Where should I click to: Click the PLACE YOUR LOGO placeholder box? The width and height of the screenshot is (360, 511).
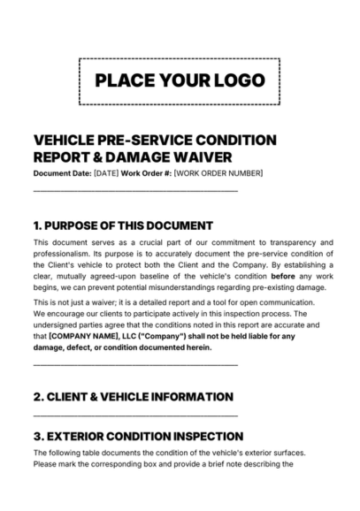pyautogui.click(x=180, y=81)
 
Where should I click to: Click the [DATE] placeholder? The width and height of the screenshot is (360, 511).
pyautogui.click(x=105, y=172)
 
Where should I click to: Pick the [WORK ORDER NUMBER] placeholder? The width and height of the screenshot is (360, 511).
pyautogui.click(x=218, y=172)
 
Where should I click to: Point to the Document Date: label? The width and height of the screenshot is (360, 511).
pyautogui.click(x=62, y=172)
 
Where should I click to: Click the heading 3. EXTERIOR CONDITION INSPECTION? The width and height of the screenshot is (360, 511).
pyautogui.click(x=137, y=436)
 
